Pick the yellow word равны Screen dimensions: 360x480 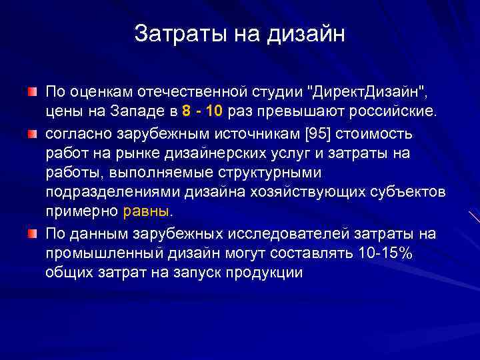[x=147, y=212]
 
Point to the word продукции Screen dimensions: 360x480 [x=264, y=273]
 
